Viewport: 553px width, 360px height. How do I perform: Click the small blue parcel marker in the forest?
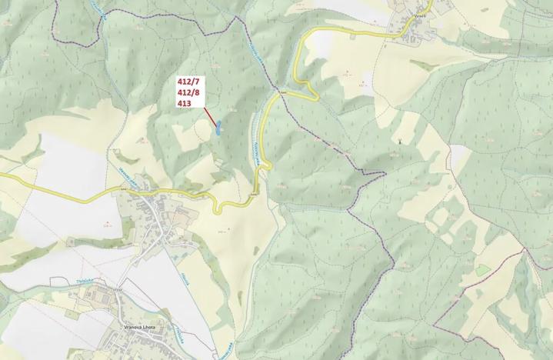pyautogui.click(x=218, y=128)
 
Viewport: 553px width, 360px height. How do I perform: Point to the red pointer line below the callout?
pyautogui.click(x=208, y=115)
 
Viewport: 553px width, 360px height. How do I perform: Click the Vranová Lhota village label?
pyautogui.click(x=139, y=328)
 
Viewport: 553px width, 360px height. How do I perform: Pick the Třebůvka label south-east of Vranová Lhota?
pyautogui.click(x=178, y=334)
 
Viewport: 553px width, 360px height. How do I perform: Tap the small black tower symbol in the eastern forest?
pyautogui.click(x=399, y=140)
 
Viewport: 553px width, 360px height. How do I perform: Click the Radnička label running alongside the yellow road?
pyautogui.click(x=253, y=142)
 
